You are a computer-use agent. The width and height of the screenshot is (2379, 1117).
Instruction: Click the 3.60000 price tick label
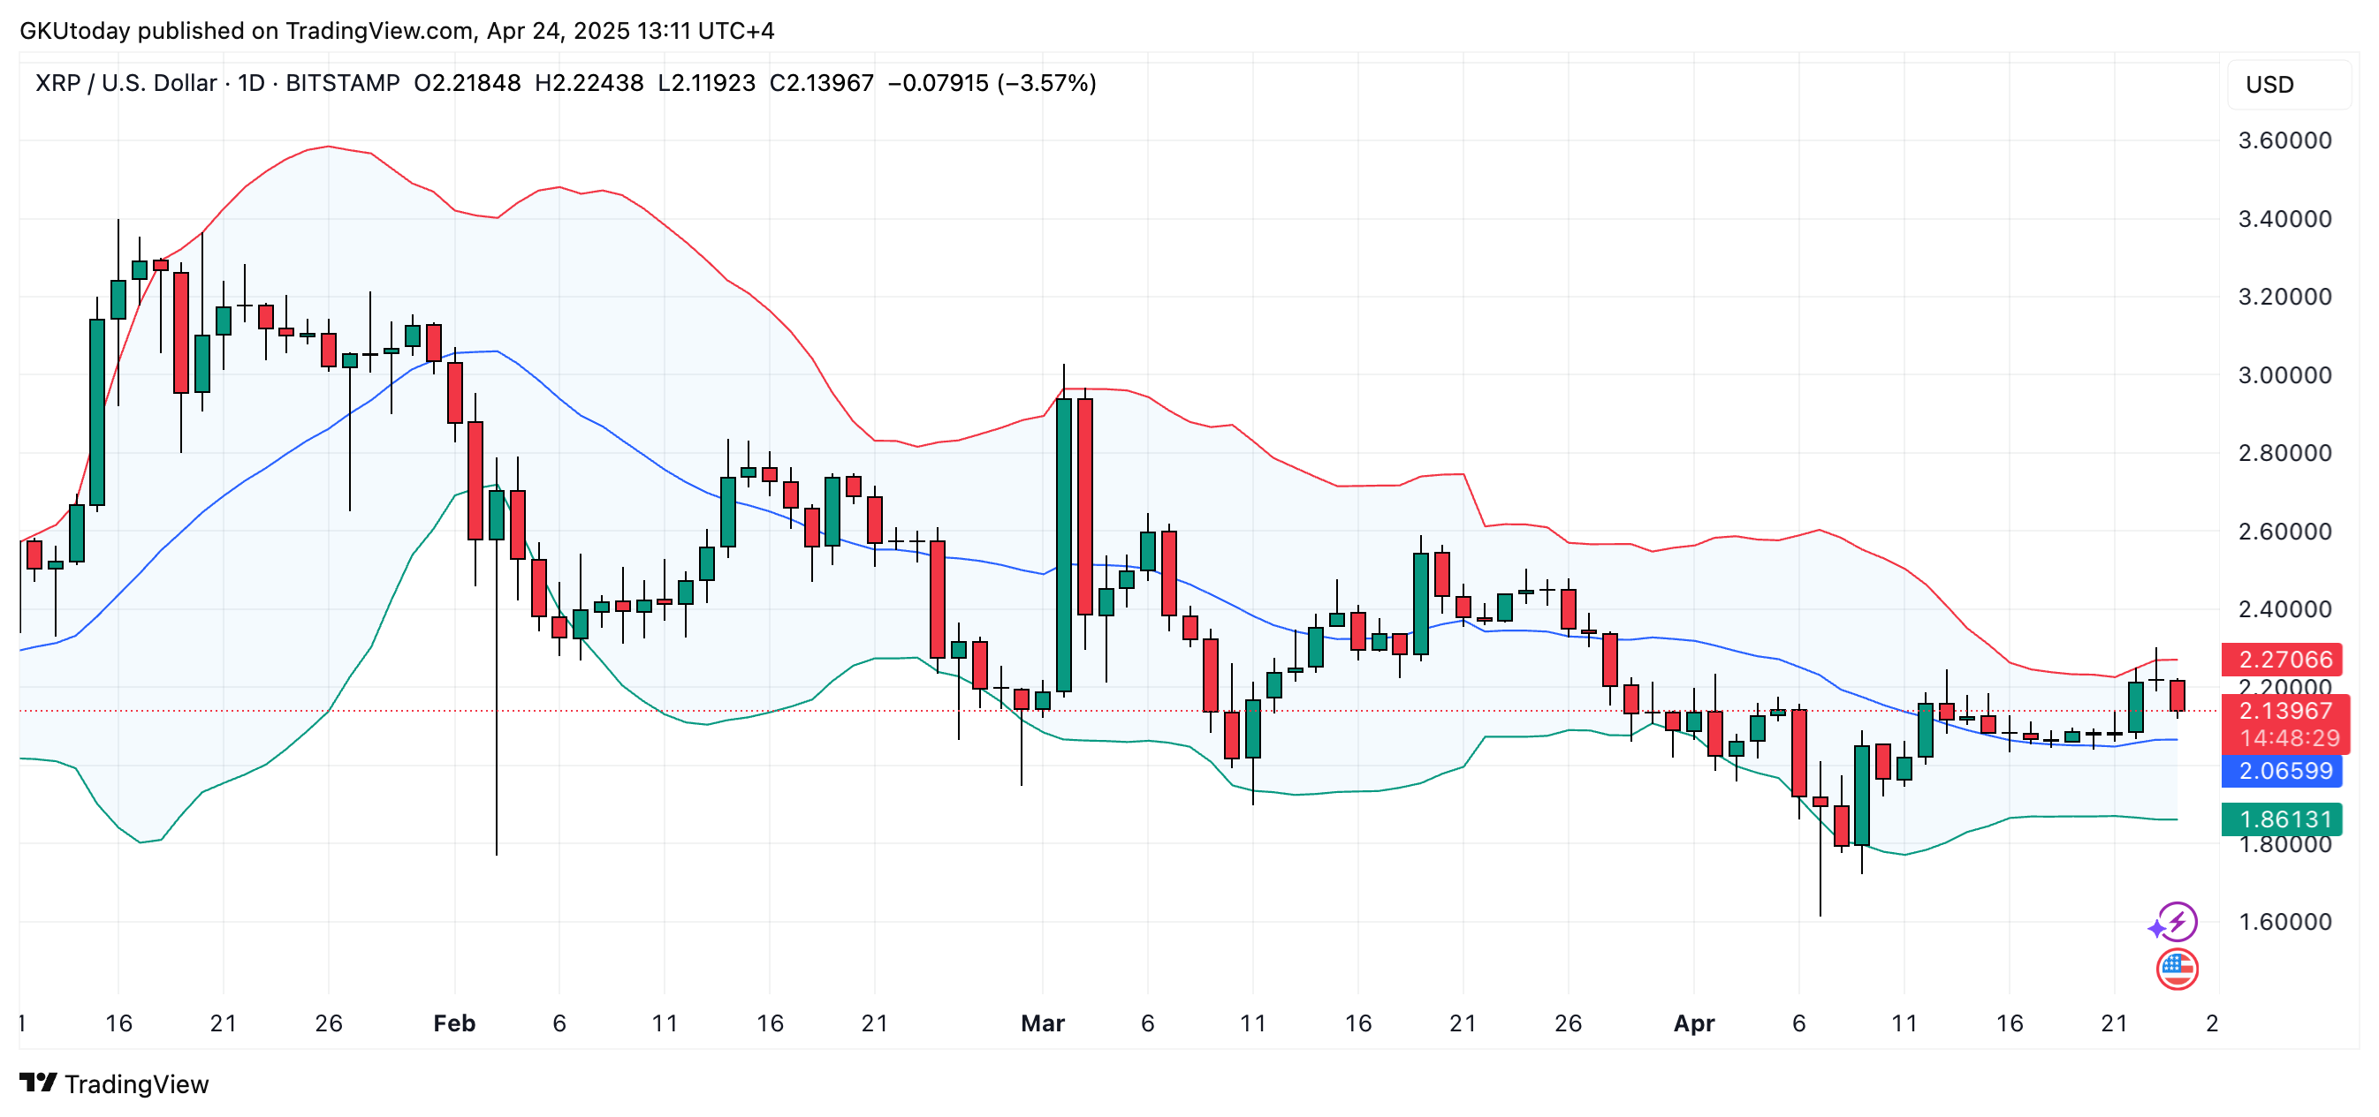(2284, 140)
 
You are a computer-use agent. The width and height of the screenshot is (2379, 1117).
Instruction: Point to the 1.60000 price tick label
(2284, 921)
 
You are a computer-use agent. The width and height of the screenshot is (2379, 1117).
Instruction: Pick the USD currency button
(2269, 85)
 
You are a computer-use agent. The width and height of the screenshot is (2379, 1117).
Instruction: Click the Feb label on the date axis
(454, 1023)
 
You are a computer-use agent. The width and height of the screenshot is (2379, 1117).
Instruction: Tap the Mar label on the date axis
(1043, 1023)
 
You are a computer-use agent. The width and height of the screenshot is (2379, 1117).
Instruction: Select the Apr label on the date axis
(1694, 1023)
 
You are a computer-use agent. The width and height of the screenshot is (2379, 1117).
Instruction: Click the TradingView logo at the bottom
(115, 1083)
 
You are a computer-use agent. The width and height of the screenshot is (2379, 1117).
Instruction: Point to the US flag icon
(2177, 969)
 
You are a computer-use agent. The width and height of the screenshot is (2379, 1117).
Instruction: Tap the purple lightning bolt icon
(2178, 921)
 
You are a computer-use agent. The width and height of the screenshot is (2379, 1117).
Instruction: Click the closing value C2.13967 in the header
(821, 83)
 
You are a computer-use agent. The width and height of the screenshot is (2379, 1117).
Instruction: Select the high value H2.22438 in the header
(589, 83)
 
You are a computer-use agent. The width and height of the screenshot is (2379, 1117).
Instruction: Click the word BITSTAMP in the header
(343, 83)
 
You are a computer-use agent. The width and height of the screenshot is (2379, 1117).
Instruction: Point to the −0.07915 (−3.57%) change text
(992, 83)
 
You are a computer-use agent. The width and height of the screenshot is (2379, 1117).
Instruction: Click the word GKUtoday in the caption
(75, 30)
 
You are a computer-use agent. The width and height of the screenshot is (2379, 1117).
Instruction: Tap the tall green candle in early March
(1064, 545)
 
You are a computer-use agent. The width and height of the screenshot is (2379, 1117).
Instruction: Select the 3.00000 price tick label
(2284, 374)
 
